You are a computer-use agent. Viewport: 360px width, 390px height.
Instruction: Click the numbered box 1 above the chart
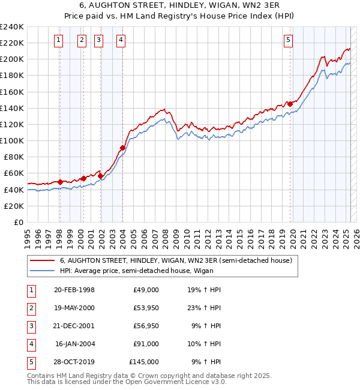[x=59, y=41]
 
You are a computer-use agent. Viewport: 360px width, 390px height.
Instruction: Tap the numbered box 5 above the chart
[x=289, y=41]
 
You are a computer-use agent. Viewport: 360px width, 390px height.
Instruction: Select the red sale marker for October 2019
[x=290, y=104]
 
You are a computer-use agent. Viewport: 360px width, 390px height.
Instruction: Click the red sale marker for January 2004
[x=122, y=148]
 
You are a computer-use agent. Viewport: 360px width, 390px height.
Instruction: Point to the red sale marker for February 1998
[x=60, y=182]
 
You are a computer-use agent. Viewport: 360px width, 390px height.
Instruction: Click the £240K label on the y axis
[x=12, y=27]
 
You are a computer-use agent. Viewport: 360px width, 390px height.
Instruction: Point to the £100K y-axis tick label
[x=12, y=140]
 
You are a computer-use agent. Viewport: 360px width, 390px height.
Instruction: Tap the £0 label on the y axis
[x=18, y=222]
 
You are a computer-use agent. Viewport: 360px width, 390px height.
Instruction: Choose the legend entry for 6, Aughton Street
[x=176, y=261]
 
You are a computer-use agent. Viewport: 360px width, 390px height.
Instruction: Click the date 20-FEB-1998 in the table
[x=74, y=290]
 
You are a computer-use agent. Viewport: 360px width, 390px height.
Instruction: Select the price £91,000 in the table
[x=146, y=344]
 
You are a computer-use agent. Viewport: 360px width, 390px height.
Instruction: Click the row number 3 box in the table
[x=30, y=326]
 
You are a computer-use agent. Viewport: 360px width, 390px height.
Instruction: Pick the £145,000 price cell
[x=144, y=362]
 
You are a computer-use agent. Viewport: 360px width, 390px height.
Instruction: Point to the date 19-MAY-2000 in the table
[x=74, y=308]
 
